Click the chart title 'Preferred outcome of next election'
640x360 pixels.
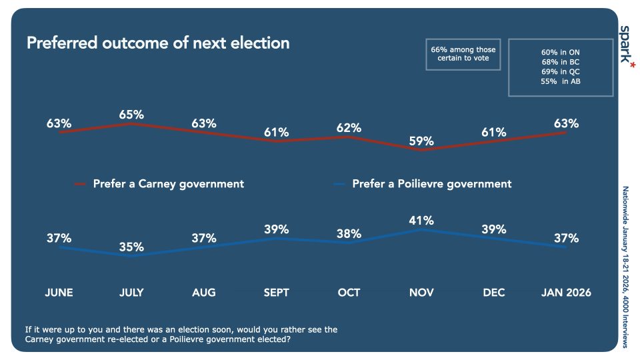158,43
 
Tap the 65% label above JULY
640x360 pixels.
131,115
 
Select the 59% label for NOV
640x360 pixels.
421,141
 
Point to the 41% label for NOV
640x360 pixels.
421,220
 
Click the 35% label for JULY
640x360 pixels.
131,247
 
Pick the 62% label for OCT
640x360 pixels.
349,128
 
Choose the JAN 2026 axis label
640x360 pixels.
566,293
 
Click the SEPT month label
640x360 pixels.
276,293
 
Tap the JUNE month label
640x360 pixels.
59,293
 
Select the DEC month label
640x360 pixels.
494,293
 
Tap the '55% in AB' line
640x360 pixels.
561,81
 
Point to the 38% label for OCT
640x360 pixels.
349,234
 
